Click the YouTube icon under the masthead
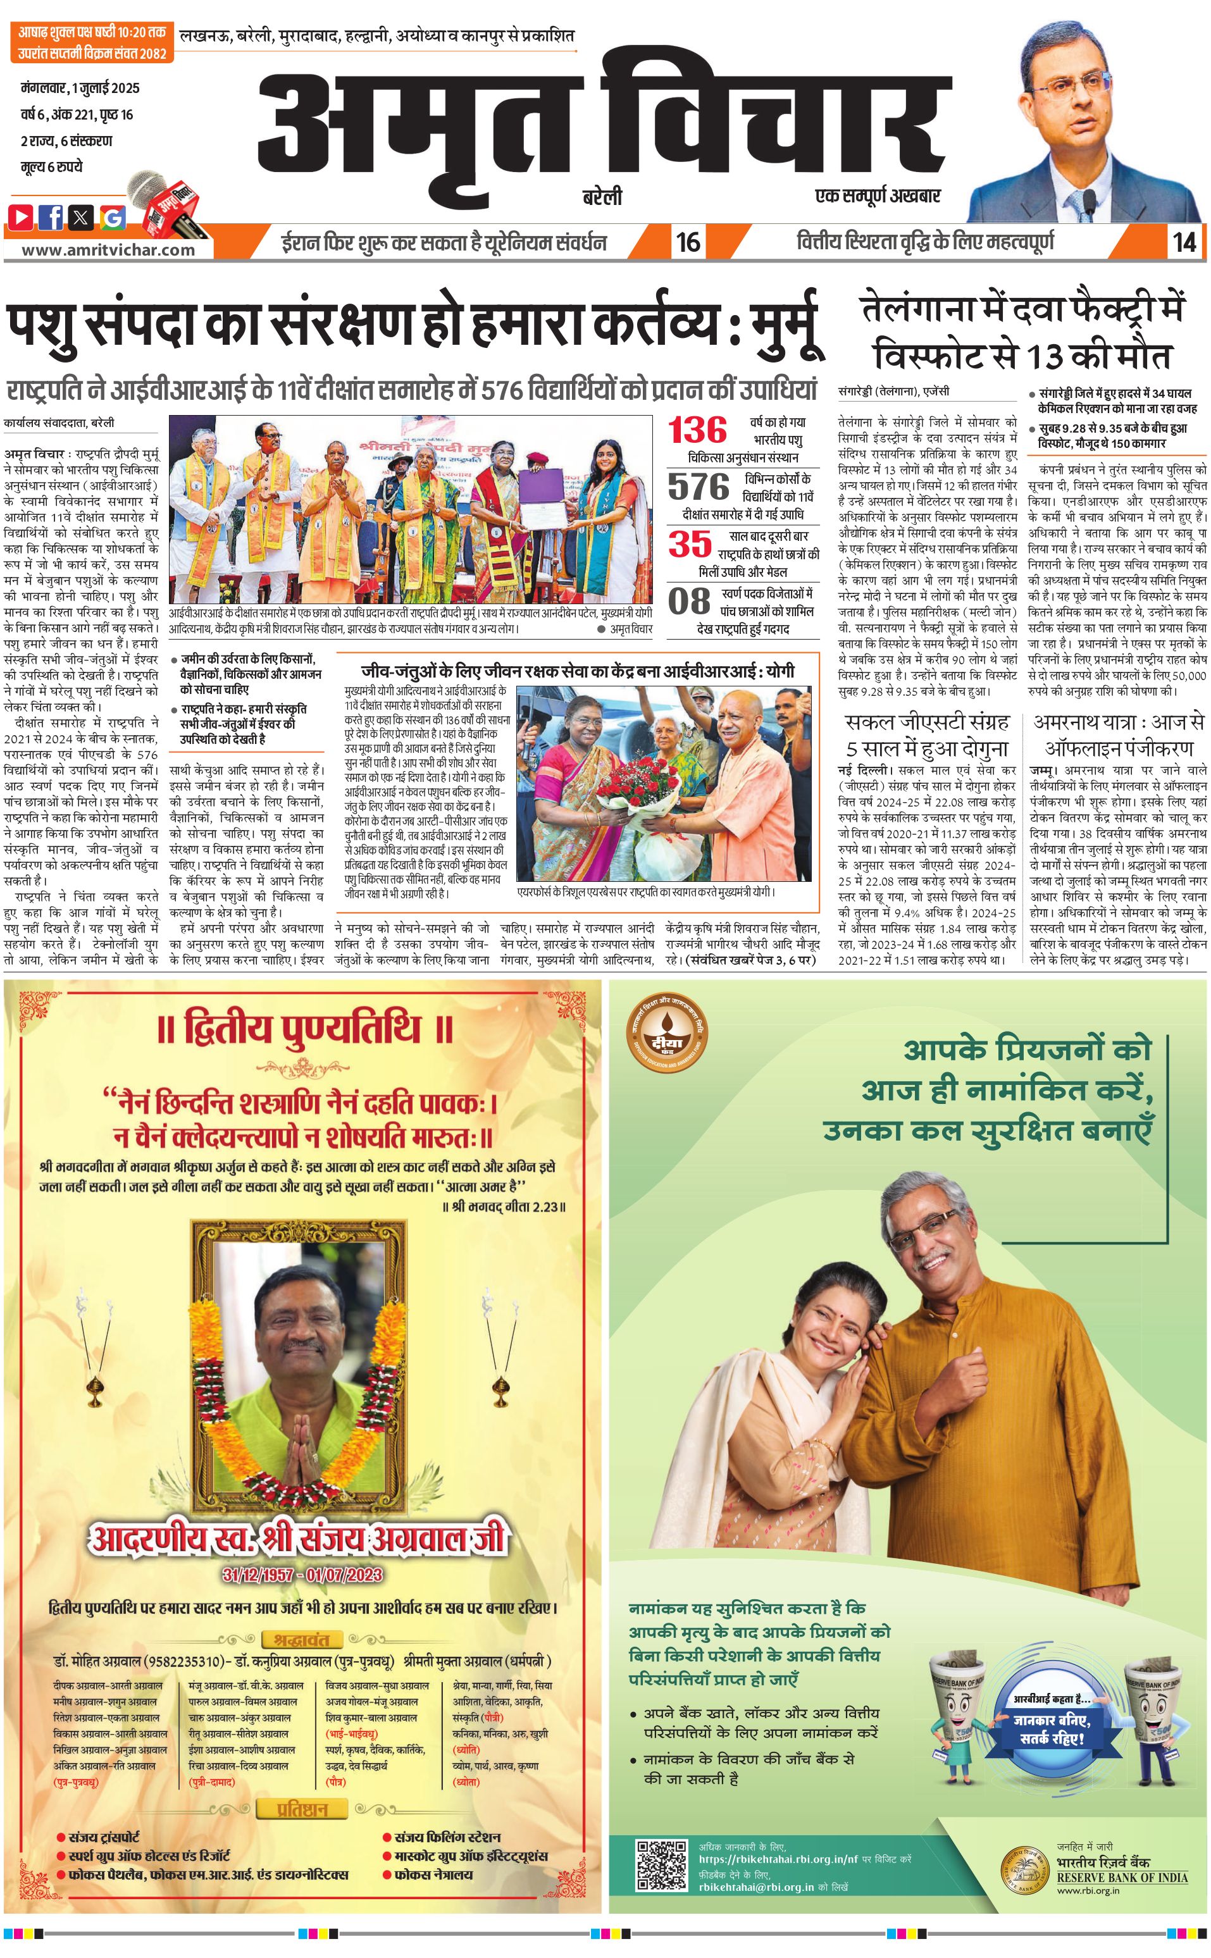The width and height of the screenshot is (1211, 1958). pos(21,216)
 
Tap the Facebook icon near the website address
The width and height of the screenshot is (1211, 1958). pos(51,216)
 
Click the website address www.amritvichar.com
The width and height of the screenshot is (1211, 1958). pos(108,249)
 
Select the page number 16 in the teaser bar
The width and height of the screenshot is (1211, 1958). pos(688,242)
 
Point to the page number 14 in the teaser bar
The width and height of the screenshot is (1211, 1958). pos(1184,242)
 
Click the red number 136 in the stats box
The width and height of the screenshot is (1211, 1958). pos(698,431)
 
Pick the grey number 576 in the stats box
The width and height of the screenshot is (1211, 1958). pos(699,486)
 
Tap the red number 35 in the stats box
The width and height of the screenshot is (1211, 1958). pos(690,545)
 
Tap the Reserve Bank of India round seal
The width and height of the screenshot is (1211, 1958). pos(1024,1869)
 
